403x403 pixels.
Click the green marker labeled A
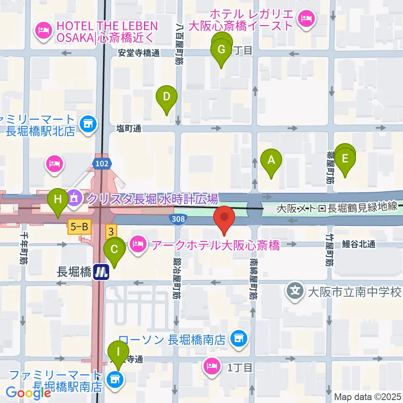pyautogui.click(x=271, y=160)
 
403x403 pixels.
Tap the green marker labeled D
pyautogui.click(x=167, y=97)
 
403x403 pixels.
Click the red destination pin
pyautogui.click(x=224, y=217)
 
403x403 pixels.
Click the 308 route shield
pyautogui.click(x=176, y=218)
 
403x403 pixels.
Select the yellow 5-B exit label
pyautogui.click(x=79, y=228)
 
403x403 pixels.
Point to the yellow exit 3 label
pyautogui.click(x=111, y=231)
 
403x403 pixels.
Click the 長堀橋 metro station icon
pyautogui.click(x=101, y=272)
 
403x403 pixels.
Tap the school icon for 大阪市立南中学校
pyautogui.click(x=296, y=291)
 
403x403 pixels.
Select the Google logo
pyautogui.click(x=29, y=393)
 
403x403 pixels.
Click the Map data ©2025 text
pyautogui.click(x=368, y=397)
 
